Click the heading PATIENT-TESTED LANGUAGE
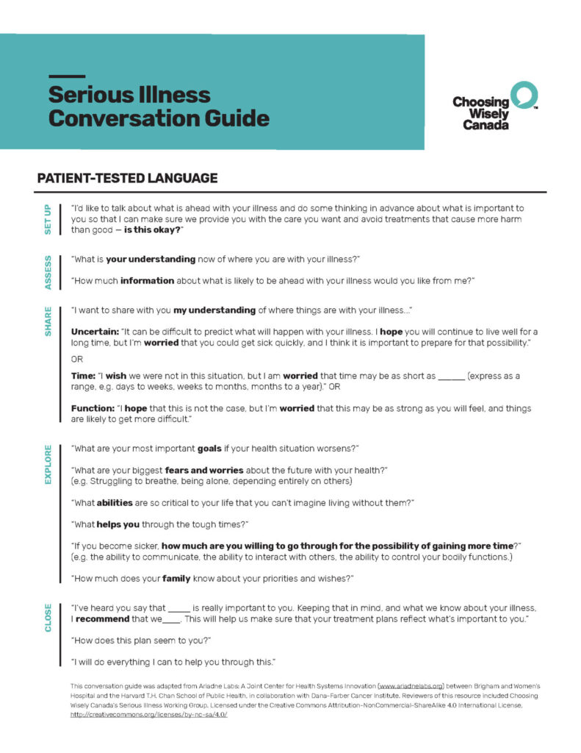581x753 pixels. tap(127, 178)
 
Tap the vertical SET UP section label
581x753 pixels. tap(48, 219)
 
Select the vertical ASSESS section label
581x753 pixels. tap(48, 271)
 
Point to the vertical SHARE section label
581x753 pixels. tap(48, 321)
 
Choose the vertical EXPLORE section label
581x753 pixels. tap(48, 464)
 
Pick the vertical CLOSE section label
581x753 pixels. tap(48, 618)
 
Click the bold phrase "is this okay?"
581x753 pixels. tap(152, 231)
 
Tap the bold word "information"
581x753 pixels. tap(147, 280)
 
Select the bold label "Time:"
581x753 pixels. tap(83, 376)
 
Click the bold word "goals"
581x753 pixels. tap(209, 448)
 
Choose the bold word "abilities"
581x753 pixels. tap(118, 502)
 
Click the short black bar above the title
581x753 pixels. tap(67, 76)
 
